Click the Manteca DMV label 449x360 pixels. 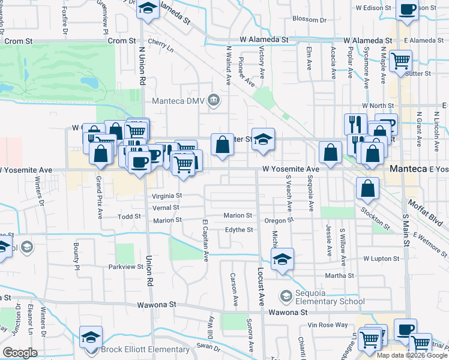(178, 101)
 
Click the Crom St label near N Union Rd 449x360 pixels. (122, 41)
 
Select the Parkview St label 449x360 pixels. (124, 266)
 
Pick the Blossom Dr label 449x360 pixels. (309, 19)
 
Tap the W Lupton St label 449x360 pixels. (381, 259)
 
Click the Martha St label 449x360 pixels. (340, 275)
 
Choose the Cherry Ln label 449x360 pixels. (160, 44)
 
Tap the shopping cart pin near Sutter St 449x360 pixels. (400, 60)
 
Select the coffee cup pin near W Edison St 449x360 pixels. (408, 10)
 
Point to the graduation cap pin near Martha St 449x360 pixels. (282, 259)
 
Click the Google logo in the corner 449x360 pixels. (19, 353)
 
